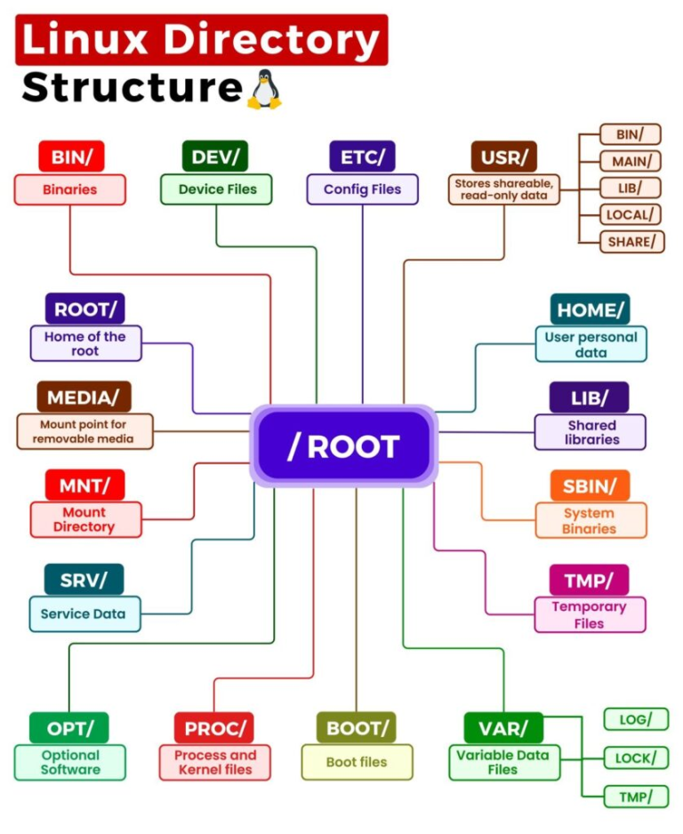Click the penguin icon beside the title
pos(264,90)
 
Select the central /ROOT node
pos(343,446)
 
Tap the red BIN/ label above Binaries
pos(71,156)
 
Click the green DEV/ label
pos(215,156)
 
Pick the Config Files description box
pos(362,189)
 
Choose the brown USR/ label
pos(504,156)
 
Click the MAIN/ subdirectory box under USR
pos(631,161)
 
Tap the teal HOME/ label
pos(590,309)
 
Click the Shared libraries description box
pos(590,432)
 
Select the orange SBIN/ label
pos(590,485)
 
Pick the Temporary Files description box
pos(590,614)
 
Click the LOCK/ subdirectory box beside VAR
pos(635,758)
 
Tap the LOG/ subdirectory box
pos(635,718)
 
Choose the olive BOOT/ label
pos(356,728)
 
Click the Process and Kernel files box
pos(215,763)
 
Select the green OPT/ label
pos(68,728)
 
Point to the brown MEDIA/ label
pos(84,397)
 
